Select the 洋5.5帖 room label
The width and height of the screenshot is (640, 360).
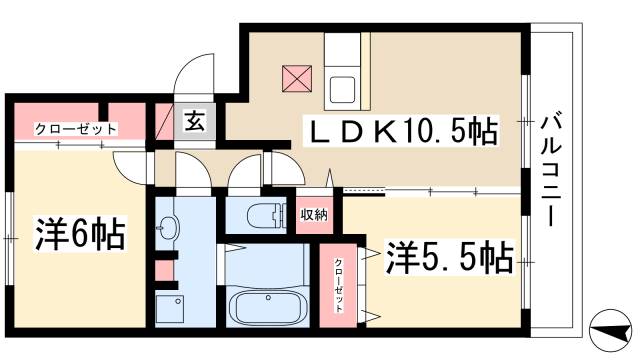[x=449, y=258]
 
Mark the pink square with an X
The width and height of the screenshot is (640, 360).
[x=298, y=77]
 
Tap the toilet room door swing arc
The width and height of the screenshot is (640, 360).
[x=245, y=175]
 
